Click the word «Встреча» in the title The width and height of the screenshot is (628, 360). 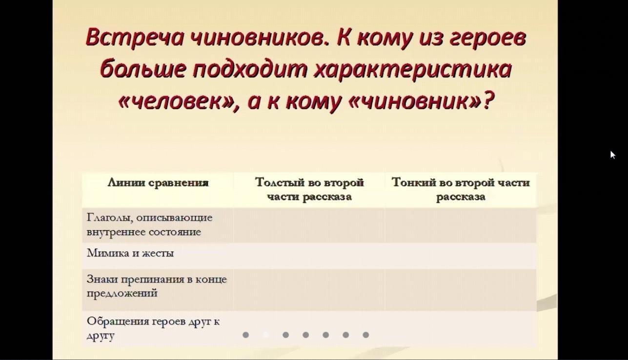tap(134, 37)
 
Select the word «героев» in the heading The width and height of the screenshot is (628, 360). tap(487, 39)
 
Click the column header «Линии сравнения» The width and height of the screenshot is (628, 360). tap(158, 183)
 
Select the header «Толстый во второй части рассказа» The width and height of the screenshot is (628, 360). tap(309, 189)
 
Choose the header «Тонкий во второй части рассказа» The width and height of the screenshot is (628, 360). tap(461, 189)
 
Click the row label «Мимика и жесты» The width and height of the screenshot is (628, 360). tap(130, 253)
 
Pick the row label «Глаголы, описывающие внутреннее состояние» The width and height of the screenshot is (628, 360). tap(149, 225)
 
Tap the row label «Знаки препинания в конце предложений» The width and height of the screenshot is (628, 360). tap(157, 286)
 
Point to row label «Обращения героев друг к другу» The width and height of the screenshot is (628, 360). tap(153, 328)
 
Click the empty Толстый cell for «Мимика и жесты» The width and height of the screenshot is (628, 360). tap(309, 256)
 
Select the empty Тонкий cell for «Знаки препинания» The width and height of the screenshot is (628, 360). tap(461, 290)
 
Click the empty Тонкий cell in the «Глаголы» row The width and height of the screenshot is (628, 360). tap(461, 225)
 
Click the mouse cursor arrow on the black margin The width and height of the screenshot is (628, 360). tap(612, 155)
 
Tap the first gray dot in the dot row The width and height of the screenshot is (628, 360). tap(245, 335)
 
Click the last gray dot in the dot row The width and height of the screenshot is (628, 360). tap(365, 335)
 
